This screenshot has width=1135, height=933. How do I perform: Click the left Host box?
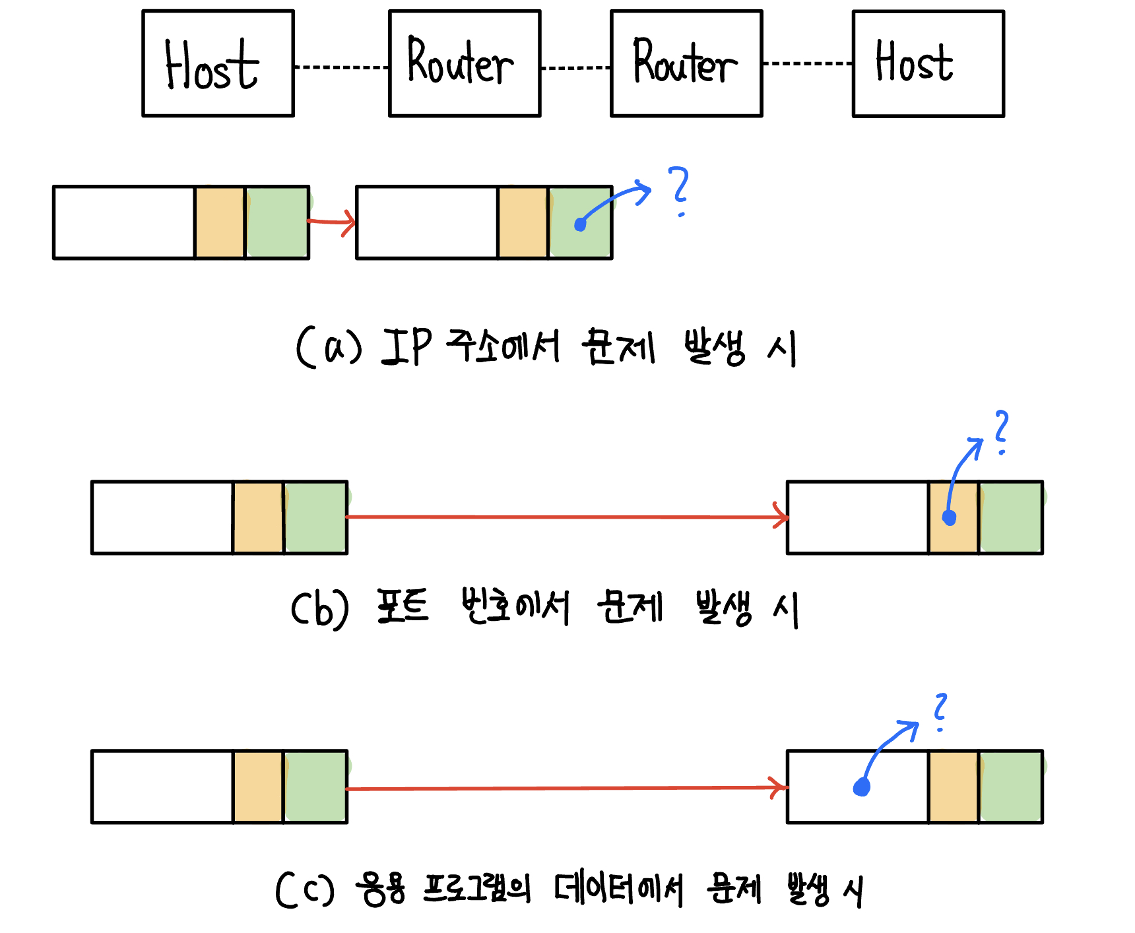218,63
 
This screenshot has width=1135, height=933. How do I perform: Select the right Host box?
928,63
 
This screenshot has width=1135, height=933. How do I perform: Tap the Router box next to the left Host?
465,63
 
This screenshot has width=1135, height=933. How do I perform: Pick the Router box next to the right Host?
686,63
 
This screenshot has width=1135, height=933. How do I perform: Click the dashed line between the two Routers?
575,67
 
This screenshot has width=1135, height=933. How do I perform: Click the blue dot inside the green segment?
580,224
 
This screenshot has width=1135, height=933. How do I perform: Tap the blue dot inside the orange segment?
950,517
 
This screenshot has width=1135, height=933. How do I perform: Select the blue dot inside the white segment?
862,787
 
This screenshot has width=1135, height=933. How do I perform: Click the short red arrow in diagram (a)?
332,222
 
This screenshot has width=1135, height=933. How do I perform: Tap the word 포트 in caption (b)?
403,606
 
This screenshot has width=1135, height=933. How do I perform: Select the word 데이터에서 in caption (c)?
618,889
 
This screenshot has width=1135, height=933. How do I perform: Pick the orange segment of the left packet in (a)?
220,222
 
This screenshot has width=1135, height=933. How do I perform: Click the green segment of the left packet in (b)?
315,517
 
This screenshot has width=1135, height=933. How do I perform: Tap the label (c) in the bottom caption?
305,889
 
